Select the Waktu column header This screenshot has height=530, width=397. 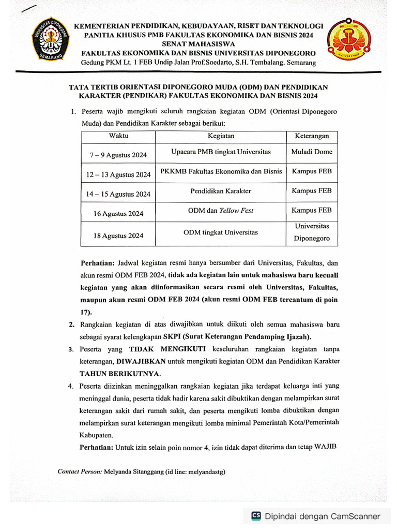pyautogui.click(x=118, y=136)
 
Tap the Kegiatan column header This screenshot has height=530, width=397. pyautogui.click(x=221, y=136)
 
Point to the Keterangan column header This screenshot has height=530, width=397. pyautogui.click(x=312, y=136)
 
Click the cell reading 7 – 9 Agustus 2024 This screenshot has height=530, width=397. pyautogui.click(x=118, y=155)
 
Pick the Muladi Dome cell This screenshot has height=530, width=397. pyautogui.click(x=312, y=152)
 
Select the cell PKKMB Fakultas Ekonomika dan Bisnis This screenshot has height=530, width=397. pyautogui.click(x=221, y=171)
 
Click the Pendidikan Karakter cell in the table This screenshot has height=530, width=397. pyautogui.click(x=221, y=191)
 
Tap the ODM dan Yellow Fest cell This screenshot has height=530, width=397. pyautogui.click(x=221, y=210)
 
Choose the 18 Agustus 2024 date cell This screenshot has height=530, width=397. pyautogui.click(x=118, y=235)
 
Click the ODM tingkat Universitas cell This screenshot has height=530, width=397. pyautogui.click(x=221, y=232)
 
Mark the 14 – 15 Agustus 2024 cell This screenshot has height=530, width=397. pyautogui.click(x=118, y=194)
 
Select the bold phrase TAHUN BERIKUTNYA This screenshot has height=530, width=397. pyautogui.click(x=120, y=373)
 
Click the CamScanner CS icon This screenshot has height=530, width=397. pyautogui.click(x=256, y=516)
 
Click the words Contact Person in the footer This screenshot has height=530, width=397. pyautogui.click(x=80, y=472)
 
